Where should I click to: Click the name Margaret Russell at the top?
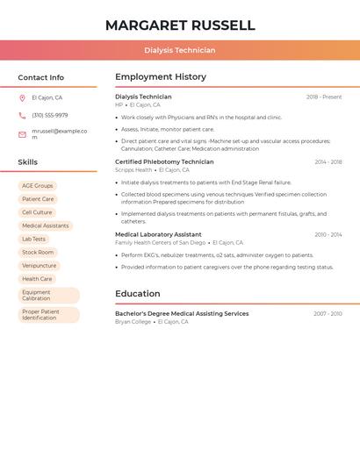coord(180,25)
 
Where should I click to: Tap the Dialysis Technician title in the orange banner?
coord(180,50)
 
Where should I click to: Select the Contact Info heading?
coord(41,77)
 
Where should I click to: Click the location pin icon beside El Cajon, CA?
coord(22,98)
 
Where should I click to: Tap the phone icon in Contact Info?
coord(22,116)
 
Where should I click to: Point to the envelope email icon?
coord(22,134)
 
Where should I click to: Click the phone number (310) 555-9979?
coord(50,116)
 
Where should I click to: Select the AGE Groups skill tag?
coord(38,186)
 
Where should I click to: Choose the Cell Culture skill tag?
coord(37,212)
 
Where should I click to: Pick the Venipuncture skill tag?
coord(40,266)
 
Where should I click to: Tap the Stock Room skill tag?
coord(38,253)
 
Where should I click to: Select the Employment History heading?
coord(161,77)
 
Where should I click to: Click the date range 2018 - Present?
coord(324,97)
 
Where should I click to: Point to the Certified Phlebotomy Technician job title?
coord(164,162)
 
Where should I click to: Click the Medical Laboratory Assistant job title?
coord(158,235)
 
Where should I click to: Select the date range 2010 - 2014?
coord(328,235)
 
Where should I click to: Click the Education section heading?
coord(138,294)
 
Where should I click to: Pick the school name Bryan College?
coord(133,322)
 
